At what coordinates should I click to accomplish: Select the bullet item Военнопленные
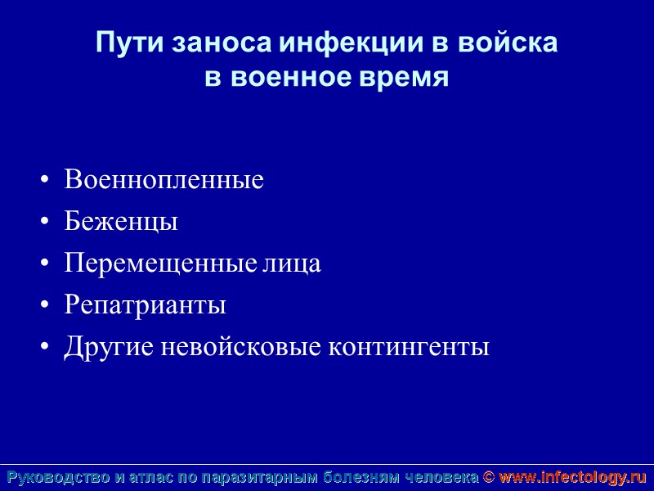click(x=163, y=180)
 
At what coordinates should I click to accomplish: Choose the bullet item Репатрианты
click(x=145, y=305)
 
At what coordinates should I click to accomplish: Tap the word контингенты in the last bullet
click(x=409, y=347)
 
